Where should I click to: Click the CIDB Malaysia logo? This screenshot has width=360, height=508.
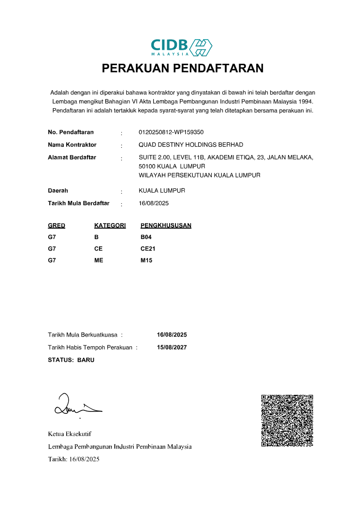tap(181, 47)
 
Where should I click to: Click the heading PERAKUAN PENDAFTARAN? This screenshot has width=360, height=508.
tap(183, 69)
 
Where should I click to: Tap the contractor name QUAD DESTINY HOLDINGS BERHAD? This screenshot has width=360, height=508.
tap(190, 145)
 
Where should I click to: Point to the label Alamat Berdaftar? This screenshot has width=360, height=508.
tap(72, 157)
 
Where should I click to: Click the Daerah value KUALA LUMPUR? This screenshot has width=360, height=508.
tap(161, 191)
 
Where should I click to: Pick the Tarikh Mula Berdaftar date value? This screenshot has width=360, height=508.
tap(154, 203)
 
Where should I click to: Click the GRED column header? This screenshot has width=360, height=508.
tap(57, 226)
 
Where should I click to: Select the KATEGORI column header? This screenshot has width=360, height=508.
tap(110, 226)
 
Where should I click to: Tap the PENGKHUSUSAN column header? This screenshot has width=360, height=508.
tap(166, 226)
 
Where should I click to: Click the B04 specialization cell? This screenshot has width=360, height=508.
tap(146, 237)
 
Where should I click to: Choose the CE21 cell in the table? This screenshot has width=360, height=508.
tap(148, 249)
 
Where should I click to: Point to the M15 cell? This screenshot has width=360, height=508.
tap(146, 261)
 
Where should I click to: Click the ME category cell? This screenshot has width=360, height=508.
tap(99, 261)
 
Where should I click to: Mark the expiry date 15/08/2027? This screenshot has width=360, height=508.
tap(172, 347)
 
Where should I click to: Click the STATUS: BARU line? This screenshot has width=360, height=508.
tap(71, 360)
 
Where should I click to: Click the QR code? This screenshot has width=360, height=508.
tap(287, 421)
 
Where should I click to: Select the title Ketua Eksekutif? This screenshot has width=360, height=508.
tap(70, 434)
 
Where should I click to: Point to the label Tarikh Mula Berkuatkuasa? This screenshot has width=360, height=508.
tap(83, 335)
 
